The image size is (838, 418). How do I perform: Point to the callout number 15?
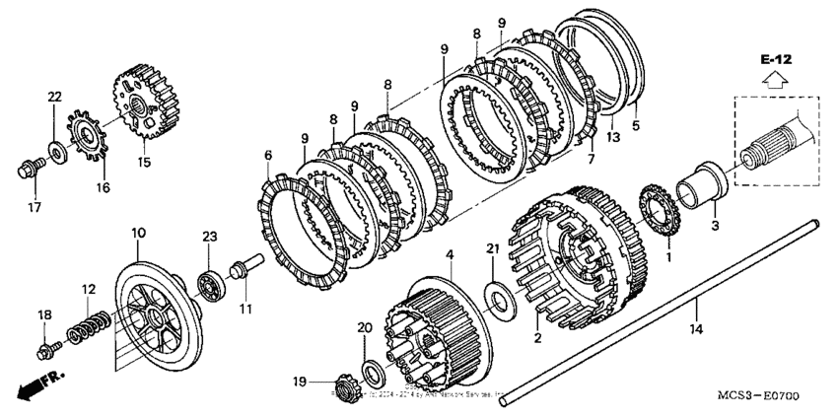point(144,163)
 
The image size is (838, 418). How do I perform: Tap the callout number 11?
point(245,310)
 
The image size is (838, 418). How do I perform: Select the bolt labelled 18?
point(45,348)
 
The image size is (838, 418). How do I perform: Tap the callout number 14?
point(697,326)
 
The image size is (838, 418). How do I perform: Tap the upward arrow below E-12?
point(777,82)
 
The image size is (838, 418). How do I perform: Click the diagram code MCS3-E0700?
point(757,396)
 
